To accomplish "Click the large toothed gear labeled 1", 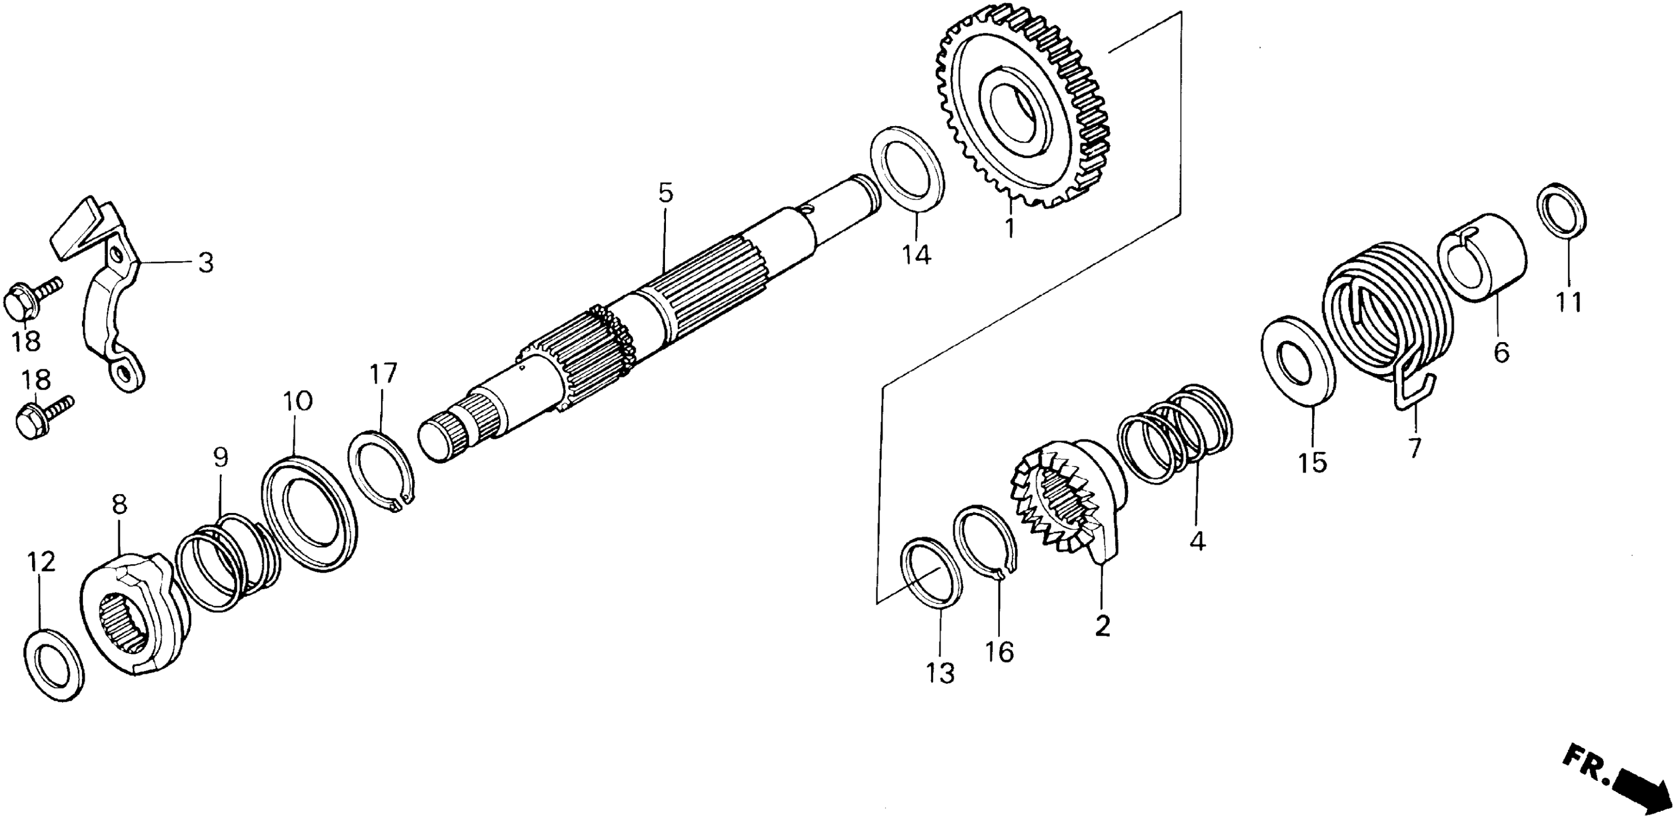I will pos(1023,117).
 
